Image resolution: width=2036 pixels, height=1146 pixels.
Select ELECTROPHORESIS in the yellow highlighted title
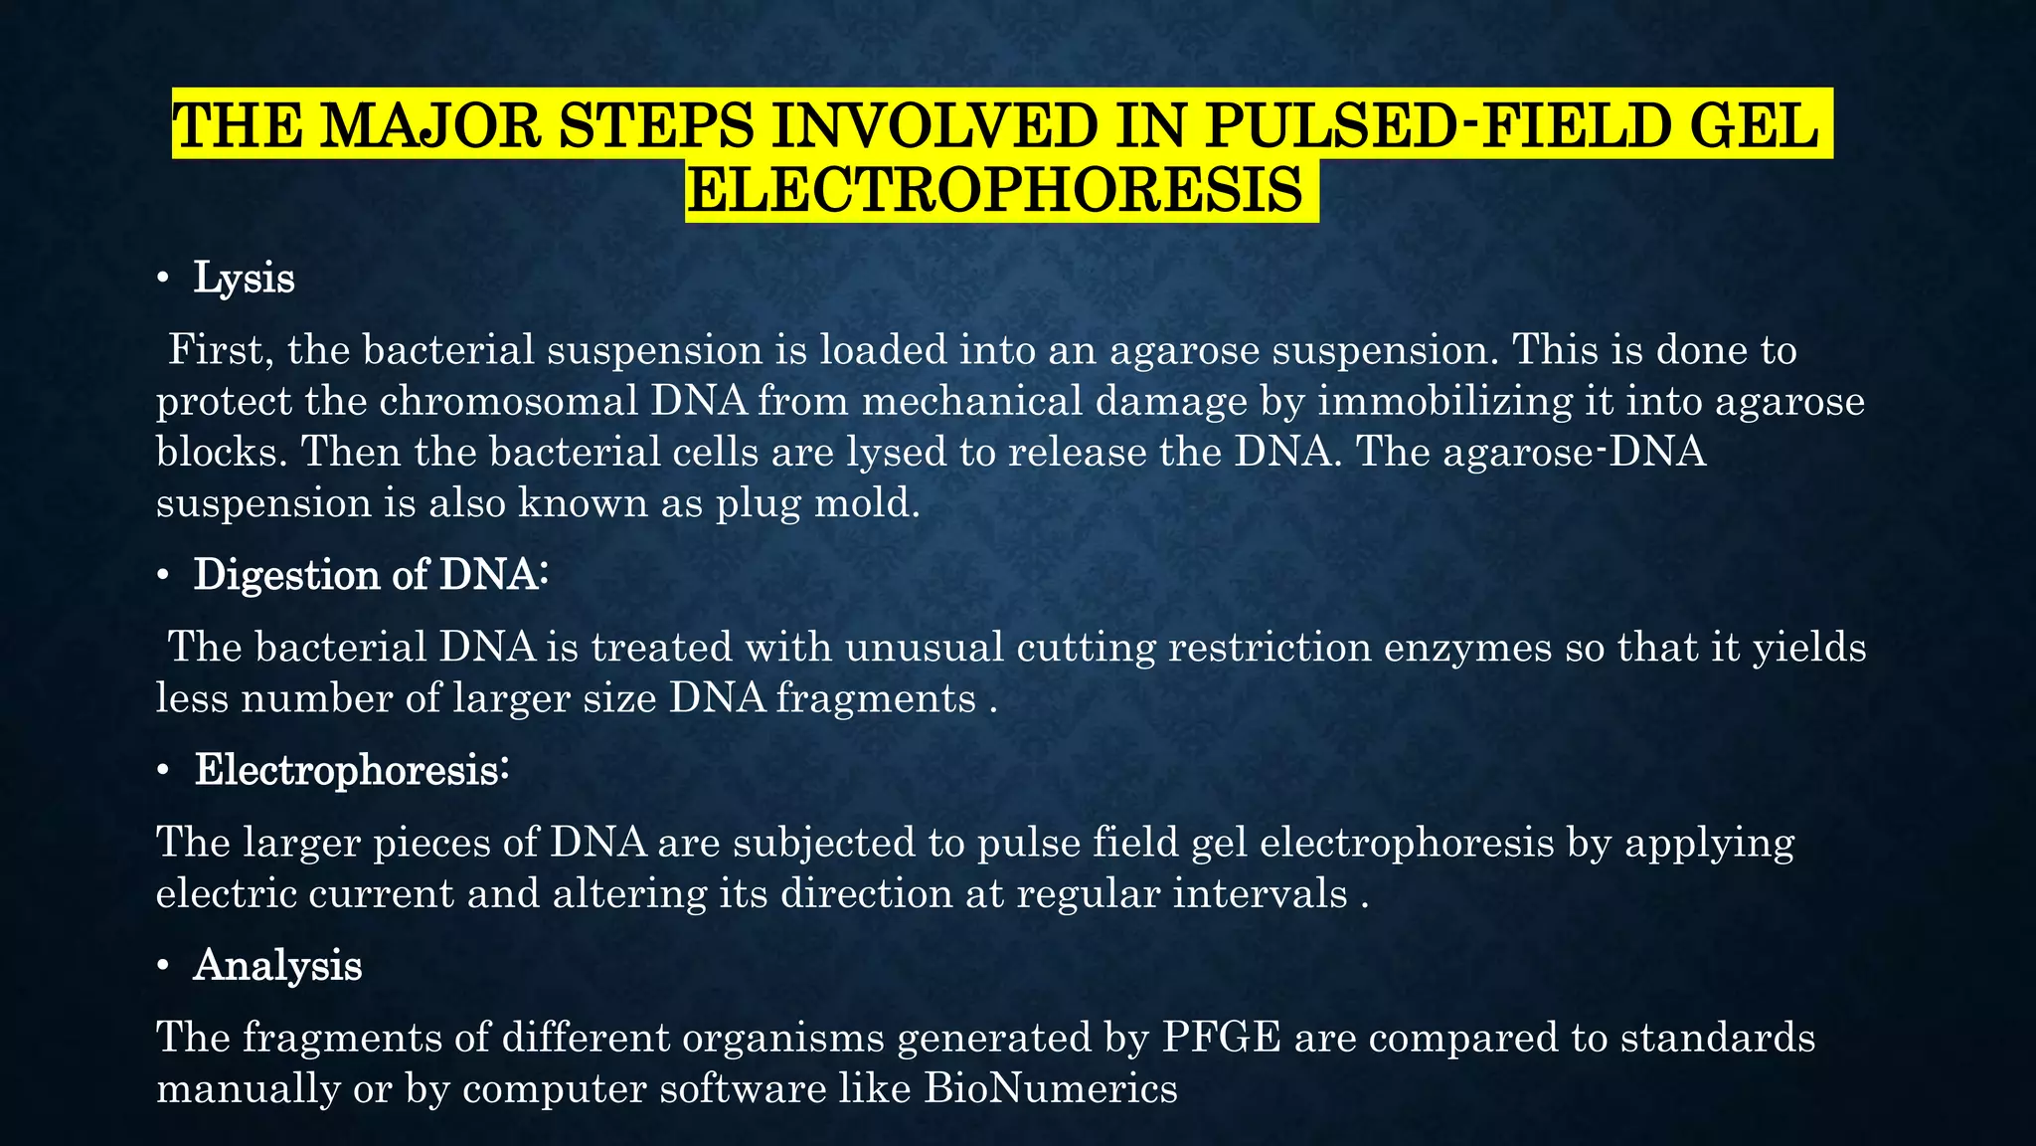coord(994,190)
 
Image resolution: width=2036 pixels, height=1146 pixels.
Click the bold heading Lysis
coord(244,279)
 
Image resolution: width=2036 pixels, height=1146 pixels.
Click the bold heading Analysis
coord(277,965)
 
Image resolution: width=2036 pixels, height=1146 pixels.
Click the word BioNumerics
coord(1051,1089)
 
